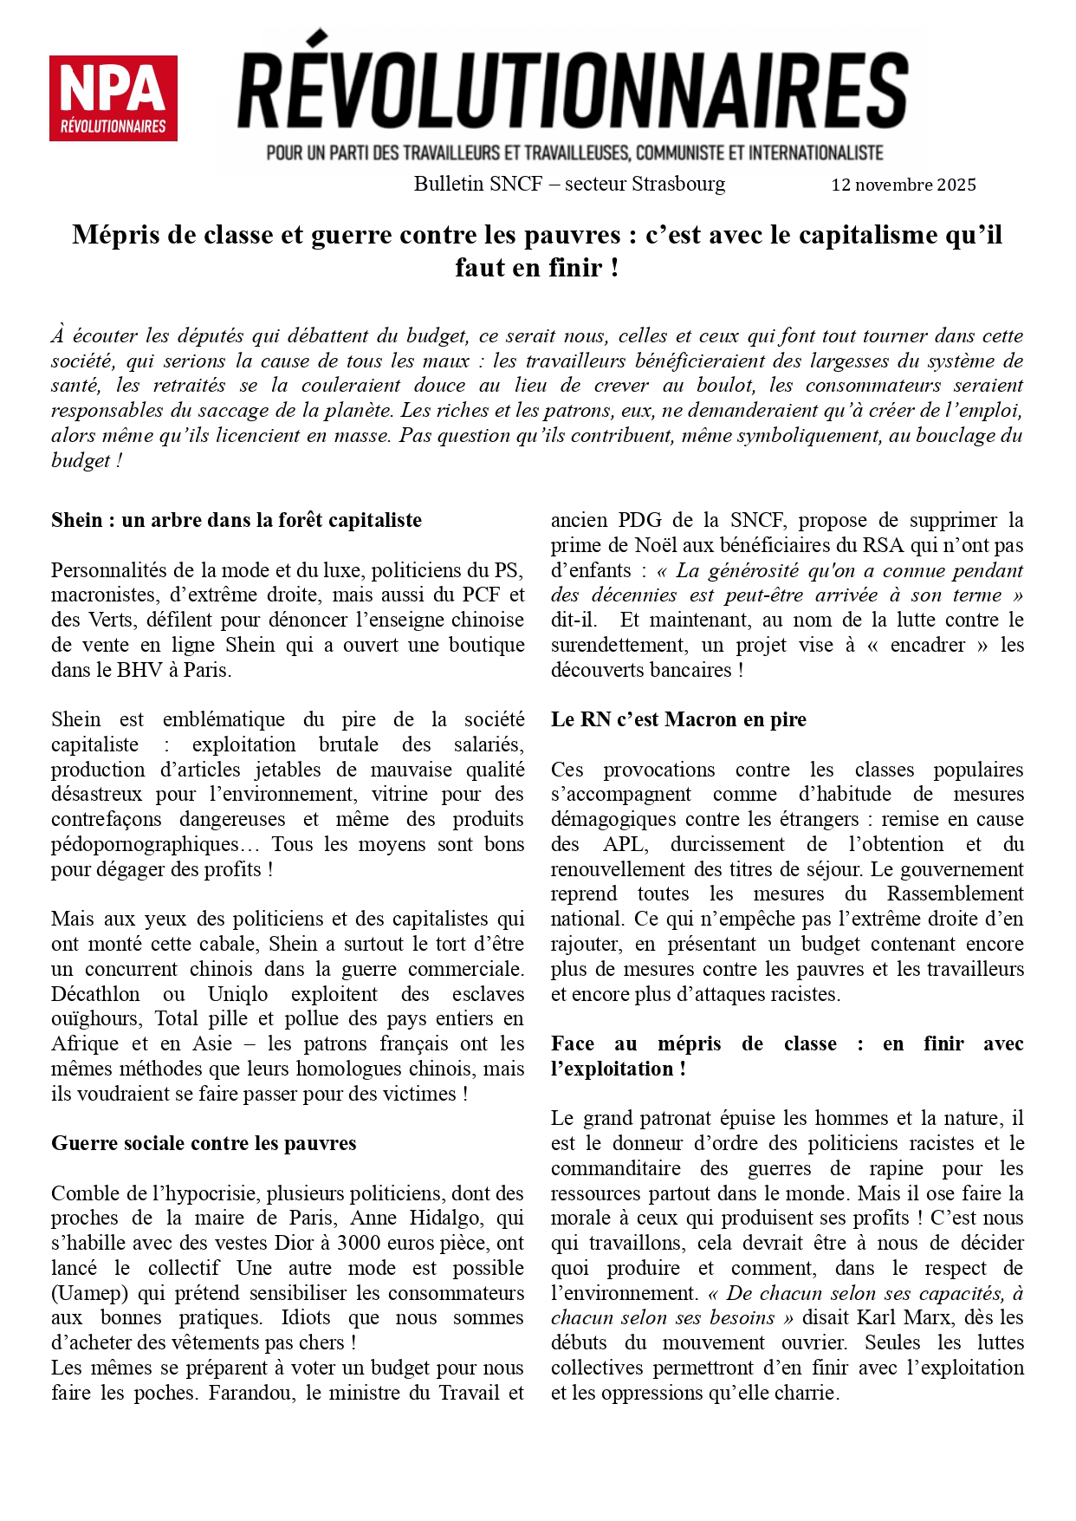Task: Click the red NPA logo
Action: pyautogui.click(x=113, y=98)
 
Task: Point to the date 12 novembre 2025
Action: pyautogui.click(x=904, y=185)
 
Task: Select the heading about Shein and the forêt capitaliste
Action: pyautogui.click(x=237, y=520)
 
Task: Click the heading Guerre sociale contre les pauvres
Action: pyautogui.click(x=204, y=1143)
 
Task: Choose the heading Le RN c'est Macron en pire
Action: pyautogui.click(x=678, y=719)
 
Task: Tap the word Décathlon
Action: pyautogui.click(x=95, y=994)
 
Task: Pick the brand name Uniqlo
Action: pyautogui.click(x=237, y=994)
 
